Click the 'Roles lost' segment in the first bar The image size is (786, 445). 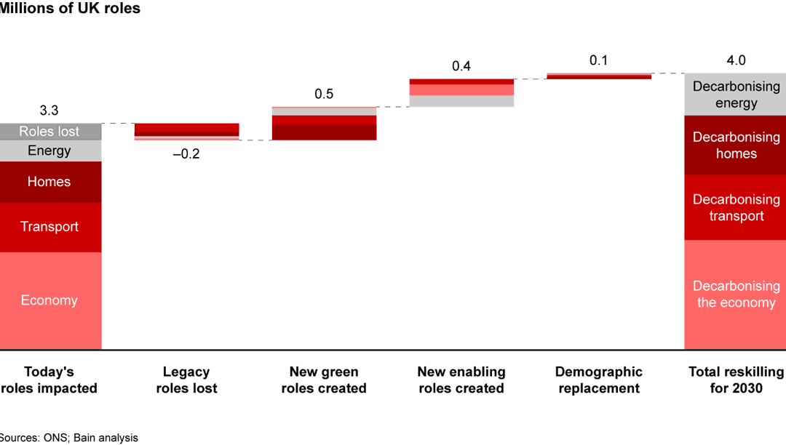pos(49,132)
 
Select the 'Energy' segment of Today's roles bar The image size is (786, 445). pos(49,151)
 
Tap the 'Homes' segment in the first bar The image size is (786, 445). pos(49,182)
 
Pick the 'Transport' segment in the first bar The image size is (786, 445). pos(49,227)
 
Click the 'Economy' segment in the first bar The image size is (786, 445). pos(49,300)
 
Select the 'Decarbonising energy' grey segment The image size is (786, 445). pos(735,95)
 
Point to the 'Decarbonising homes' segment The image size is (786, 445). pos(735,145)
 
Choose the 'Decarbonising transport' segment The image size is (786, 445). pos(735,208)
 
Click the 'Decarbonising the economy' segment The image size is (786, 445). pos(735,294)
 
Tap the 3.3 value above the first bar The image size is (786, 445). pos(49,111)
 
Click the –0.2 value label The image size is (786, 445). pos(186,153)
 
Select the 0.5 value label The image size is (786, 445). pos(324,95)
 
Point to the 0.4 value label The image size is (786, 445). pos(461,66)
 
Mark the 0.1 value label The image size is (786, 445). pos(599,60)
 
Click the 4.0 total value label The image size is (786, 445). pos(736,60)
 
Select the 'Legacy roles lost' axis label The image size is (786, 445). pos(186,380)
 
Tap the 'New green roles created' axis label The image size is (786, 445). pos(324,380)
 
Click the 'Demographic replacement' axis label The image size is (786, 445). pos(599,380)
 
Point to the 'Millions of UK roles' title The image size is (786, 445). pos(70,9)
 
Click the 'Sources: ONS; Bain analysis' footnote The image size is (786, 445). pos(68,438)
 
